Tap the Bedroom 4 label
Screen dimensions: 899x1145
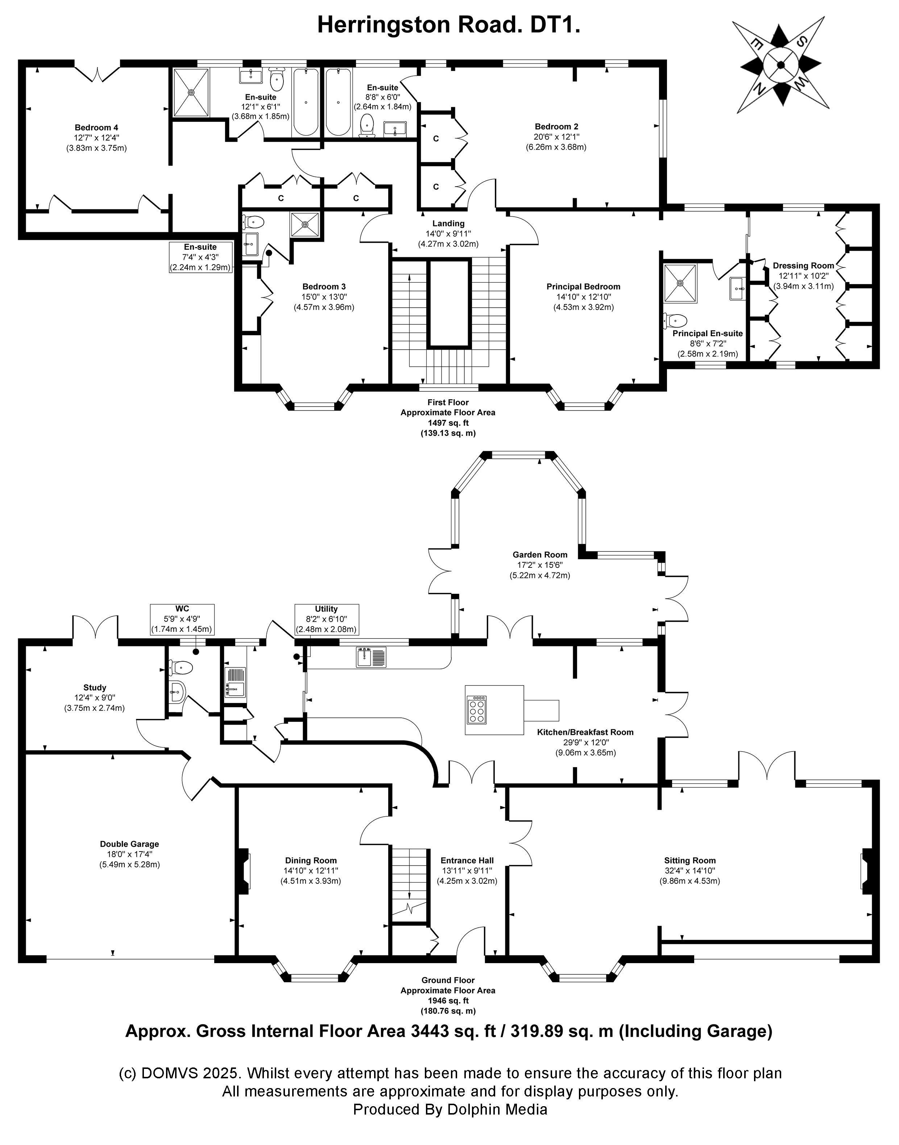96,127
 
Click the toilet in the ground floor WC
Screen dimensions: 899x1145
181,668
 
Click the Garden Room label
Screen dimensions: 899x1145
540,555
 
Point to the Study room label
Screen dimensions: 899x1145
95,687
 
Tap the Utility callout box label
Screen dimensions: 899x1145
326,609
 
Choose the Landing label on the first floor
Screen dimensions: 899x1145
448,224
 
